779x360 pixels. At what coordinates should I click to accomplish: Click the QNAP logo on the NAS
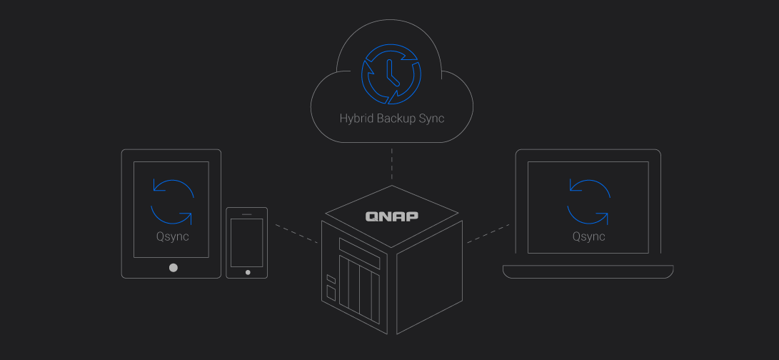pyautogui.click(x=392, y=216)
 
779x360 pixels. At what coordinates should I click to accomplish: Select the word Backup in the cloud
pyautogui.click(x=398, y=119)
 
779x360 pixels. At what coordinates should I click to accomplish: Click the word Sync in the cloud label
pyautogui.click(x=433, y=119)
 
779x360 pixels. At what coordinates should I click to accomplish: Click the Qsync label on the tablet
pyautogui.click(x=172, y=236)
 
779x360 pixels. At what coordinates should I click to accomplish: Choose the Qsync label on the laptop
pyautogui.click(x=589, y=236)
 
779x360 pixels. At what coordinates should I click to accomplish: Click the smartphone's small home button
pyautogui.click(x=248, y=272)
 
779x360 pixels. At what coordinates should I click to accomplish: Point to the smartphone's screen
pyautogui.click(x=247, y=243)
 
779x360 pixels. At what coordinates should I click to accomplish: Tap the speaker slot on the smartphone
pyautogui.click(x=247, y=214)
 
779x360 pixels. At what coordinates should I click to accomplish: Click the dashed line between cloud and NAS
pyautogui.click(x=391, y=164)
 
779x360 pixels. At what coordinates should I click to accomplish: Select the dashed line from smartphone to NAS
pyautogui.click(x=296, y=234)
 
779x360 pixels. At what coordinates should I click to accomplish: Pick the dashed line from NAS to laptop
pyautogui.click(x=488, y=234)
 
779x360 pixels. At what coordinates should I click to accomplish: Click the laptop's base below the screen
pyautogui.click(x=588, y=271)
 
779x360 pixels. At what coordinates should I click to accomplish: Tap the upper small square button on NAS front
pyautogui.click(x=331, y=279)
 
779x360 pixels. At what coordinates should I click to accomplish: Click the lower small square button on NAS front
pyautogui.click(x=331, y=290)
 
